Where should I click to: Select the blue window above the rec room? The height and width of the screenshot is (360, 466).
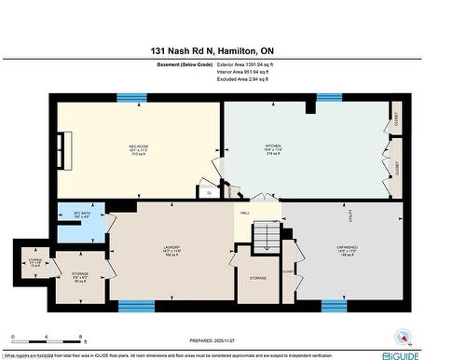[131, 97]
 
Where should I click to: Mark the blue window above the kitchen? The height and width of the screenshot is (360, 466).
[328, 97]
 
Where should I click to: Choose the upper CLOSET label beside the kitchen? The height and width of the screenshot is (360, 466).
[396, 119]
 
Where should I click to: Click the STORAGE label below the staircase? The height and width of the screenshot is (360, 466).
[258, 278]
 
